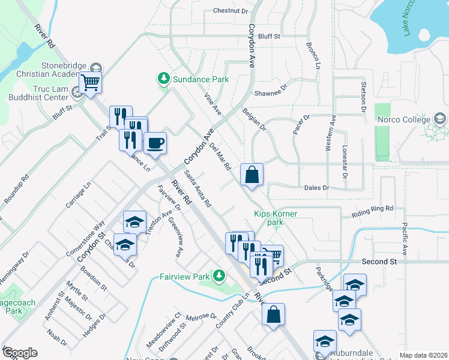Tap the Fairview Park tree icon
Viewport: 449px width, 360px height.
pos(219,276)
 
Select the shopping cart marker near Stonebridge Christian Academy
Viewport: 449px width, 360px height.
pos(90,82)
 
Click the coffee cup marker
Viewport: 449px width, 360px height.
pos(155,143)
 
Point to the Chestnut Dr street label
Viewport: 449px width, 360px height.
pos(231,11)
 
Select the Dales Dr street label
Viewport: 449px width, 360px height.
pos(317,188)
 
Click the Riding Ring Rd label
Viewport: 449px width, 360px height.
pos(372,210)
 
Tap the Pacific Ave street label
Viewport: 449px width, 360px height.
pos(405,239)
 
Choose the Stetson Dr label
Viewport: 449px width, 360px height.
pos(364,98)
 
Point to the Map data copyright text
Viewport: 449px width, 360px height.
pos(423,355)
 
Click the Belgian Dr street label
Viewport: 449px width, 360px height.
pos(254,119)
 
